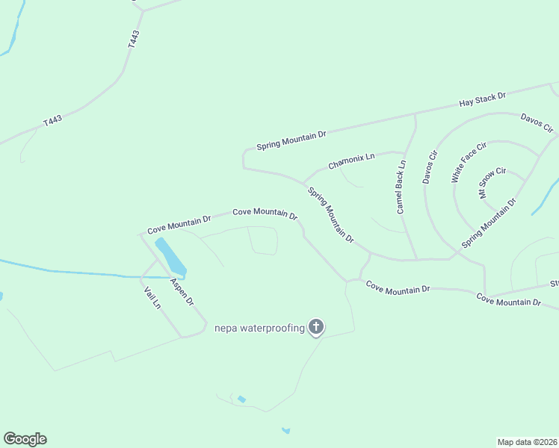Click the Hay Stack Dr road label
(x=482, y=98)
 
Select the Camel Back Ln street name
(x=401, y=187)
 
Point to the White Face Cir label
(x=469, y=162)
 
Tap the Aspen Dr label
(x=182, y=292)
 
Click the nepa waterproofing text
(x=259, y=327)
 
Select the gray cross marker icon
(x=316, y=326)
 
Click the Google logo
(x=25, y=439)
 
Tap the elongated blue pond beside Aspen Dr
(x=170, y=256)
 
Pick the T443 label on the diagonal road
(x=52, y=120)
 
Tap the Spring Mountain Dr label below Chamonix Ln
(x=330, y=214)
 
